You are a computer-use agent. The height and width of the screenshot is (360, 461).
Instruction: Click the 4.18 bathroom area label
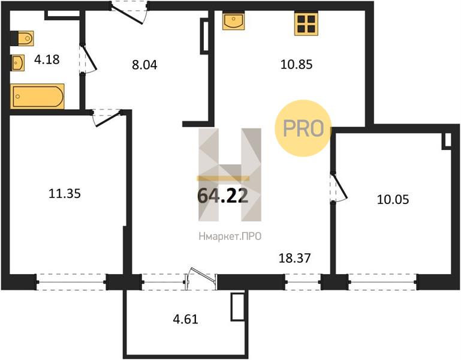(x=47, y=59)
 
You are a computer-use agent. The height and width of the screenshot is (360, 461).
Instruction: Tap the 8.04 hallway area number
(x=144, y=65)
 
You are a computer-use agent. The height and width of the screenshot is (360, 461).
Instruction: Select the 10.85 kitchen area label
(x=296, y=64)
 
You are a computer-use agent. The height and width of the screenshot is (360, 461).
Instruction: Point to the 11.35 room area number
(x=64, y=194)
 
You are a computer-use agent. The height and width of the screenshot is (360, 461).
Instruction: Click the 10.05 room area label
(x=393, y=200)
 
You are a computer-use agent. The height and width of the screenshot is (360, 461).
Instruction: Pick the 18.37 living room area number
(x=294, y=258)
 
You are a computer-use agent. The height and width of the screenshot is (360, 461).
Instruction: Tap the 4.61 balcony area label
(x=185, y=319)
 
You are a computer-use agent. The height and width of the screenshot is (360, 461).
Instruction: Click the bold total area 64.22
(x=223, y=196)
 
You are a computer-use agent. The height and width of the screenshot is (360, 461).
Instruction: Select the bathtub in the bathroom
(x=37, y=96)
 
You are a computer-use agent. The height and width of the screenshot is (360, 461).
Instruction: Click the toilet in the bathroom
(x=22, y=38)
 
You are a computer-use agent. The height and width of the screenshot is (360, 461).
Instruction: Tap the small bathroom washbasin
(x=18, y=62)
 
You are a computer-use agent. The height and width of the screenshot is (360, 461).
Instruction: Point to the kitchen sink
(x=233, y=20)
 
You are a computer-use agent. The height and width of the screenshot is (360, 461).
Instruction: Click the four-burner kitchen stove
(x=306, y=24)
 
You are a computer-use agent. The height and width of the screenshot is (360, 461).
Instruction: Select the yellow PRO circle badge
(x=303, y=128)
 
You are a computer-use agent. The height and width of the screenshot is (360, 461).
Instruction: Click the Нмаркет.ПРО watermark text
(x=230, y=236)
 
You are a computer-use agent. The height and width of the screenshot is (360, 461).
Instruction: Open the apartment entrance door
(x=129, y=13)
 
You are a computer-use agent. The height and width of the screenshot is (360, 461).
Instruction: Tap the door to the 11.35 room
(x=107, y=118)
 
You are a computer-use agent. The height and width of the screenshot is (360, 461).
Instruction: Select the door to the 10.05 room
(x=339, y=187)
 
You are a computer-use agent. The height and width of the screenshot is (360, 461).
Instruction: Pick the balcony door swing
(x=201, y=275)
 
